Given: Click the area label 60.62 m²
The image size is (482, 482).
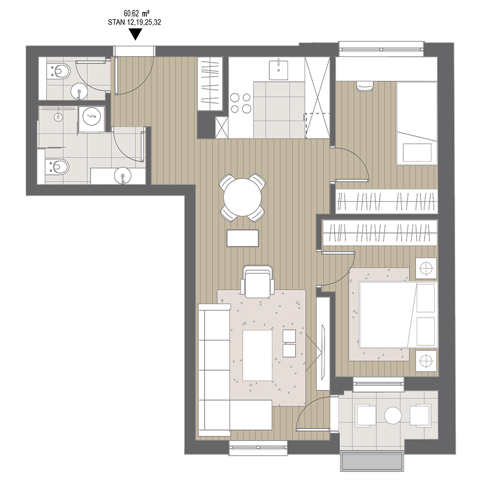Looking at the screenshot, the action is [137, 13].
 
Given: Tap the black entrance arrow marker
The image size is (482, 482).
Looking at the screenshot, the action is [135, 34].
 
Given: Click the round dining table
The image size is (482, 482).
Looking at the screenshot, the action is [243, 197].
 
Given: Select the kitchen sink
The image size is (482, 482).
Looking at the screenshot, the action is [278, 70].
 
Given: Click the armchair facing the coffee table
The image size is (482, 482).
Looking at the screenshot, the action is [258, 282].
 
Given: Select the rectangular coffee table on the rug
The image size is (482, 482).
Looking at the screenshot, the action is [257, 356].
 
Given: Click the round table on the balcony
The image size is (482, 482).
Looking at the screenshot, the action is [393, 415].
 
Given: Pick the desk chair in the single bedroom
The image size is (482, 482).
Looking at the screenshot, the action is [365, 86].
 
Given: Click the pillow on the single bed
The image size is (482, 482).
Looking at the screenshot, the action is [417, 153].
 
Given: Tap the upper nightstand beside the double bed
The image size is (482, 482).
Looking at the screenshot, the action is [426, 268].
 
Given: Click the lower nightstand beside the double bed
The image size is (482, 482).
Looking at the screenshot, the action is [426, 360].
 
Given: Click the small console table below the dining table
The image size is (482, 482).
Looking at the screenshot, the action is [243, 238].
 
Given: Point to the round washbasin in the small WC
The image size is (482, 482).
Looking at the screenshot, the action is [79, 92].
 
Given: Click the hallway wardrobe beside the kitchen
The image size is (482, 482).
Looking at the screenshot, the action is [210, 84].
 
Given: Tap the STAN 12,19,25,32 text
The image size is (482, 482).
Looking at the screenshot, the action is [134, 22].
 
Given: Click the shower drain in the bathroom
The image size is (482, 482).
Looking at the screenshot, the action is [58, 117].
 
